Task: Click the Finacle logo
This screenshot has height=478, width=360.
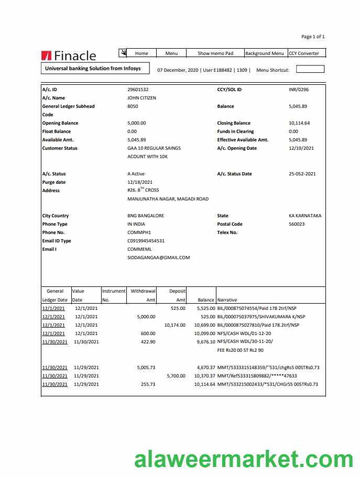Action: point(68,55)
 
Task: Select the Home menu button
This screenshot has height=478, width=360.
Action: point(141,53)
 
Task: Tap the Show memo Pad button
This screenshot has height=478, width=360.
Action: point(215,53)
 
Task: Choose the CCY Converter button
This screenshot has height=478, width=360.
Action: point(307,53)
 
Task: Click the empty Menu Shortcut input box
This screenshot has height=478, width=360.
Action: point(310,69)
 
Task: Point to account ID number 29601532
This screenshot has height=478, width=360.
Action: point(138,90)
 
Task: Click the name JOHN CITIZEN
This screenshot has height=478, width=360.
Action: point(141,98)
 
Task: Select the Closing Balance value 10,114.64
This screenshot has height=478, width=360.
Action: point(299,123)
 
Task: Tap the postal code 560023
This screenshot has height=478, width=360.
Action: point(297,224)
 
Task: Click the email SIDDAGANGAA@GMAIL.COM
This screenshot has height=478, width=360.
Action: point(158,258)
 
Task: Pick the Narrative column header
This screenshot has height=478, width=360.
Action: point(227,300)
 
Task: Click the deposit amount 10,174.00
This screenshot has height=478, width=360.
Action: point(174,325)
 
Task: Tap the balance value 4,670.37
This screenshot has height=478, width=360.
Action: point(204,368)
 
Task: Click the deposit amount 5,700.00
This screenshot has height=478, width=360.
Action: point(176,376)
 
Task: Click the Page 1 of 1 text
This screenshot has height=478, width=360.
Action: point(313,37)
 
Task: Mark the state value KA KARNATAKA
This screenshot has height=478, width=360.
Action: point(305,216)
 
